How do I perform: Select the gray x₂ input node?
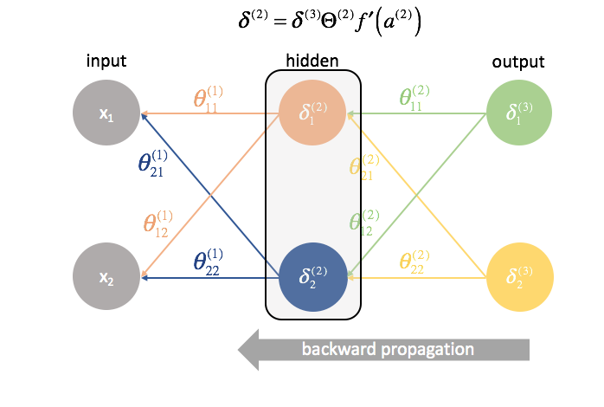click(107, 278)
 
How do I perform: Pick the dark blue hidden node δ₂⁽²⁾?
click(311, 278)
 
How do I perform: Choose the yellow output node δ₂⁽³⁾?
click(517, 278)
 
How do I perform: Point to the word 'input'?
click(106, 61)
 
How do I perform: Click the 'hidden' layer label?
click(311, 61)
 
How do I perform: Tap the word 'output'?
click(517, 61)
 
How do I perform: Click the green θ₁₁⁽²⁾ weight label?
click(414, 98)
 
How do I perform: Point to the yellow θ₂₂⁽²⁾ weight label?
click(414, 262)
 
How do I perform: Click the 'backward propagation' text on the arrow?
click(387, 350)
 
